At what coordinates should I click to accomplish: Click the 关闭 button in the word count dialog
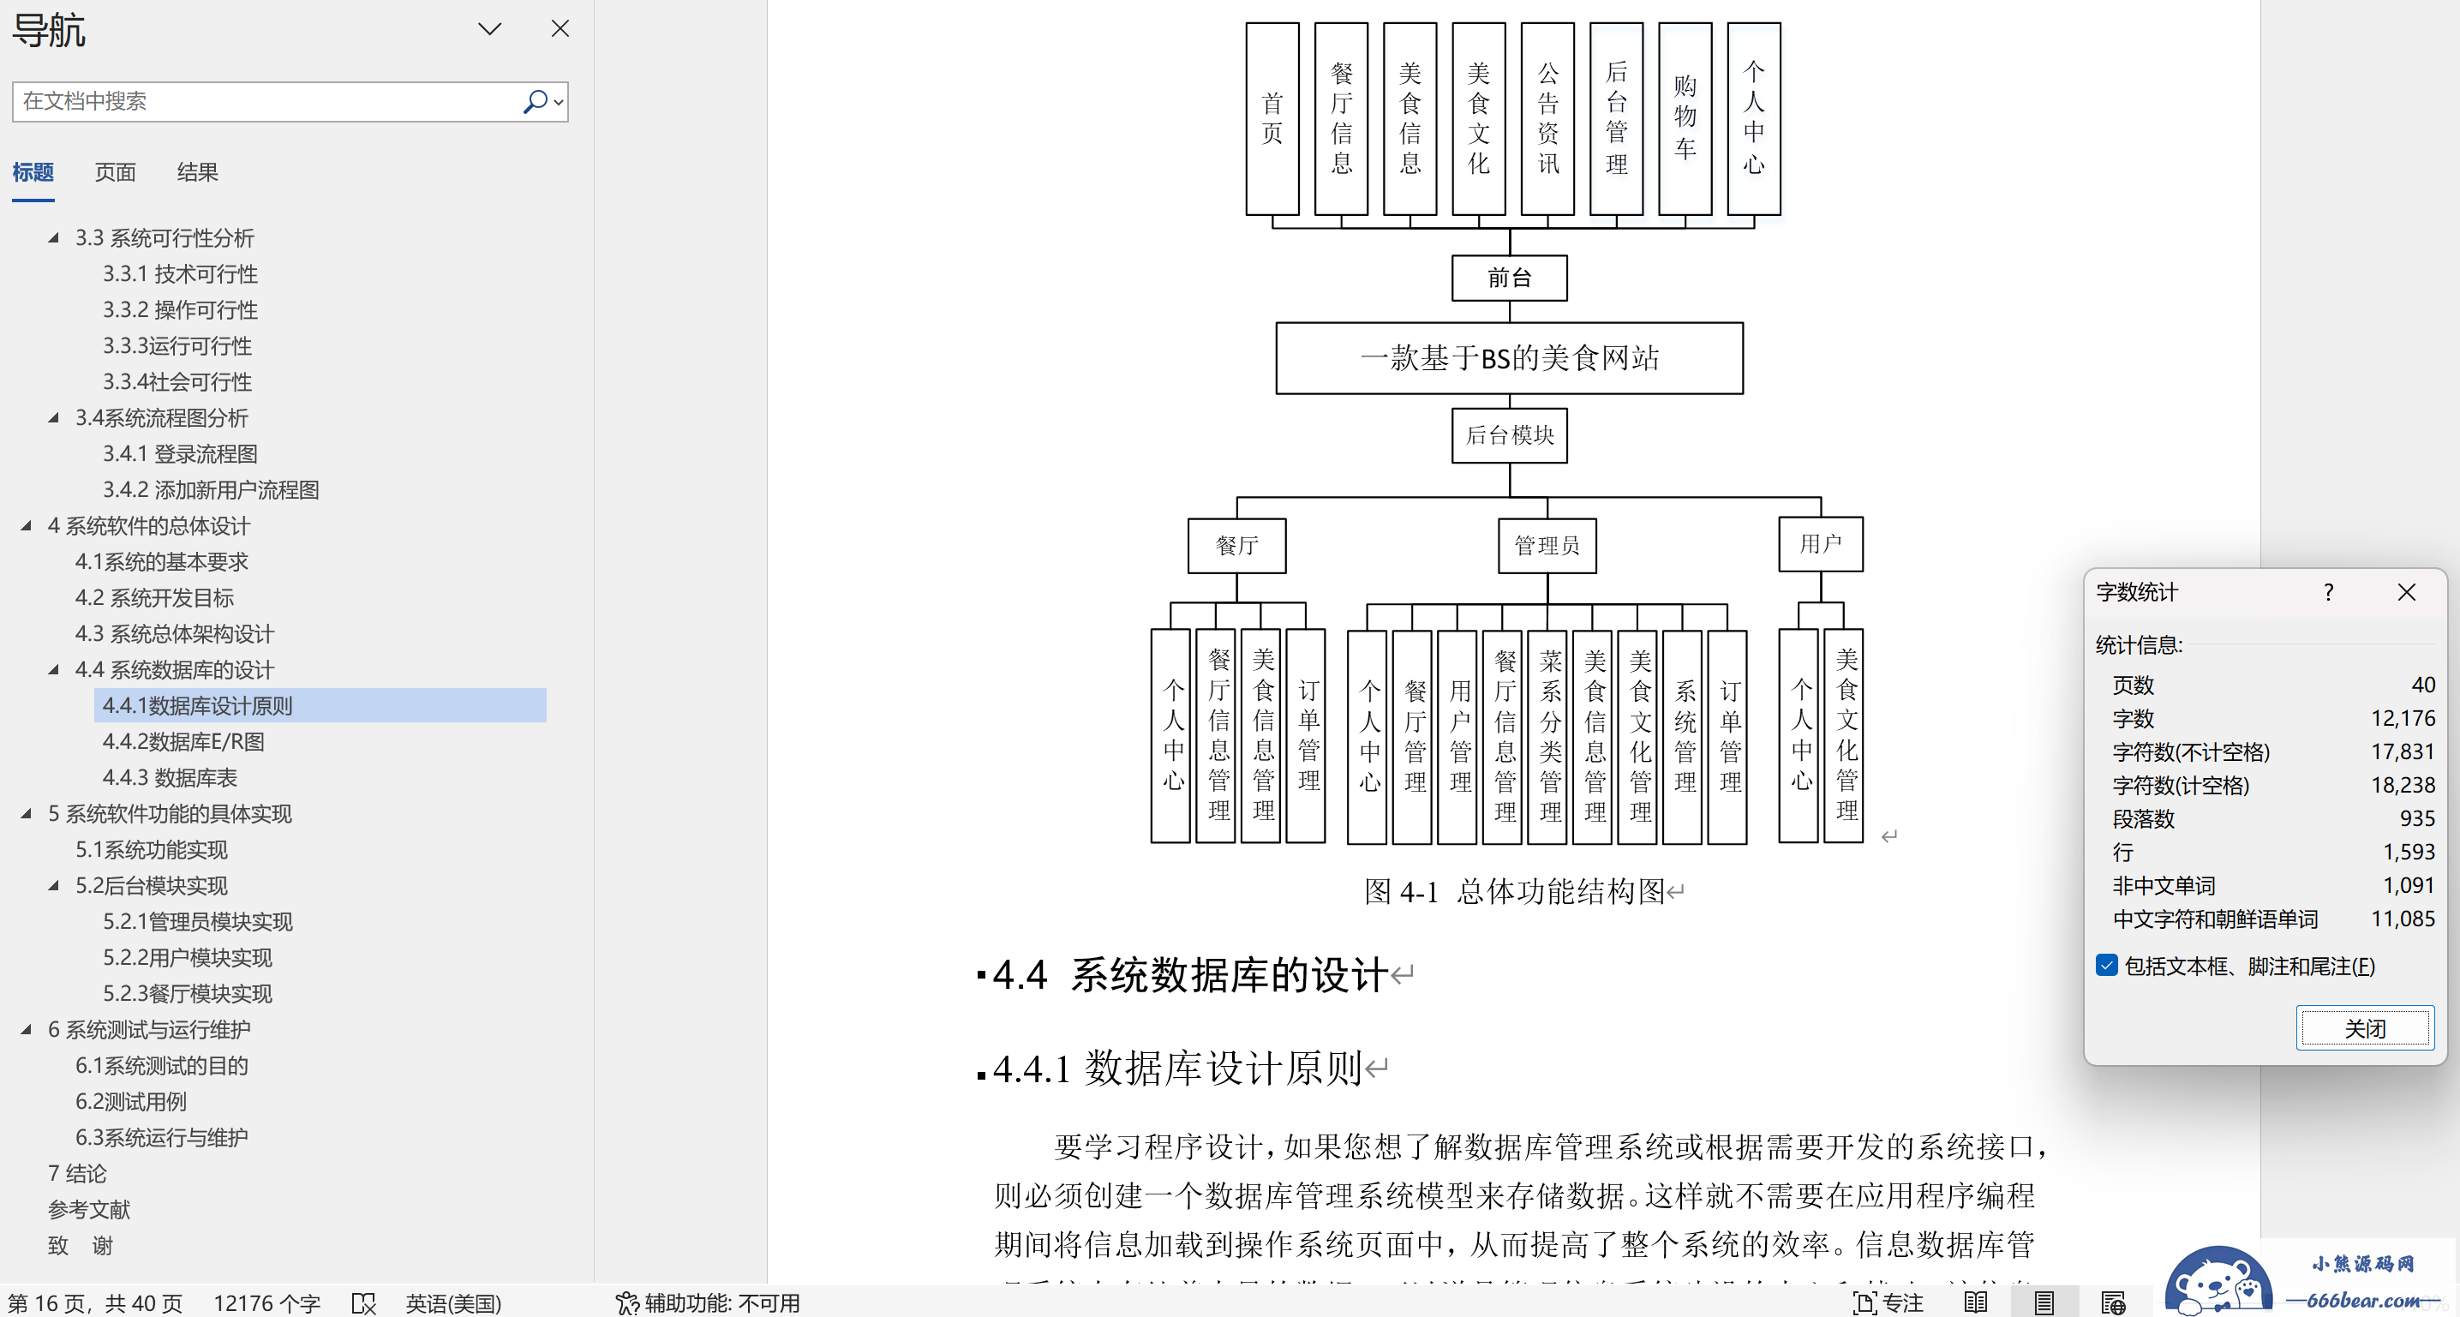tap(2365, 1027)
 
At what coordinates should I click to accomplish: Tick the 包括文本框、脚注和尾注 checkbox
tap(2107, 966)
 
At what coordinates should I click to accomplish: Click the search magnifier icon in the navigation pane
tap(536, 101)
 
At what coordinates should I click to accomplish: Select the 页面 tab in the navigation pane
tap(115, 172)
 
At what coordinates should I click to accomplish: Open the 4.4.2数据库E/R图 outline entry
tap(183, 741)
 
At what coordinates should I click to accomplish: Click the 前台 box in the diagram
tap(1509, 278)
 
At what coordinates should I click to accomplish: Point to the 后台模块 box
tap(1509, 435)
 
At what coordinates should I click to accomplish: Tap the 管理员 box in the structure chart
tap(1547, 545)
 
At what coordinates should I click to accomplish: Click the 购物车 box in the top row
tap(1685, 118)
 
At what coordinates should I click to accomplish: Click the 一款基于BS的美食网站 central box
tap(1509, 358)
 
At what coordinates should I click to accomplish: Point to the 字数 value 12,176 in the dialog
tap(2403, 718)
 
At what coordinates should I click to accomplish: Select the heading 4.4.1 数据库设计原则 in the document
tap(1176, 1068)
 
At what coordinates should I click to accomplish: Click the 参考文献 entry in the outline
tap(89, 1209)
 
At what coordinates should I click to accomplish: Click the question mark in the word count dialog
tap(2328, 592)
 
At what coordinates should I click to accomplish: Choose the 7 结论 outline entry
tap(77, 1173)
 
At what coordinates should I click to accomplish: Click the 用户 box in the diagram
tap(1820, 543)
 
